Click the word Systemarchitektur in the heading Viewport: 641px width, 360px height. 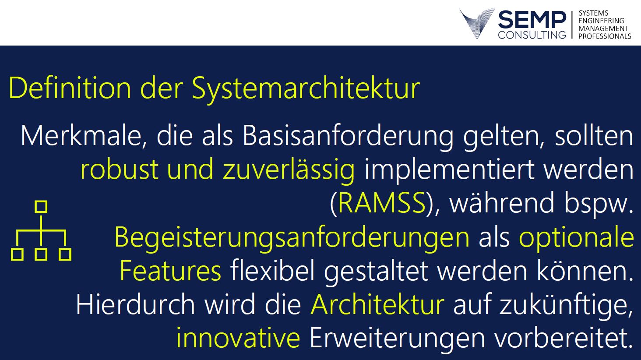[x=306, y=89]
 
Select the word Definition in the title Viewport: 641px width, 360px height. [x=70, y=88]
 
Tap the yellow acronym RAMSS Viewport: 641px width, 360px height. [x=382, y=203]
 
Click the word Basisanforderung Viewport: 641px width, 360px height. [x=348, y=137]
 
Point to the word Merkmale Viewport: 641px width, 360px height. [x=81, y=136]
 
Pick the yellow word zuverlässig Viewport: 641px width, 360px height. [x=289, y=170]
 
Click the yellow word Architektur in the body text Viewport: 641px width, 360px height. [x=377, y=304]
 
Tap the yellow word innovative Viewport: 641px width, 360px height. [x=238, y=338]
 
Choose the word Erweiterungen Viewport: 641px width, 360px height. [x=398, y=339]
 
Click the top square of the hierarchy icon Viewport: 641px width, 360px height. [x=41, y=207]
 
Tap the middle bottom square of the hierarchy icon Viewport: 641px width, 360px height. [x=41, y=254]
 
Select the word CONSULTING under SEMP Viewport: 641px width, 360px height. [x=532, y=35]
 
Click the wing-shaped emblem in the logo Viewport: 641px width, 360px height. [x=477, y=24]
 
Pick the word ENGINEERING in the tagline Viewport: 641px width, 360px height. [x=601, y=21]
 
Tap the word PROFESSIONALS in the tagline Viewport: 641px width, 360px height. [x=605, y=36]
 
